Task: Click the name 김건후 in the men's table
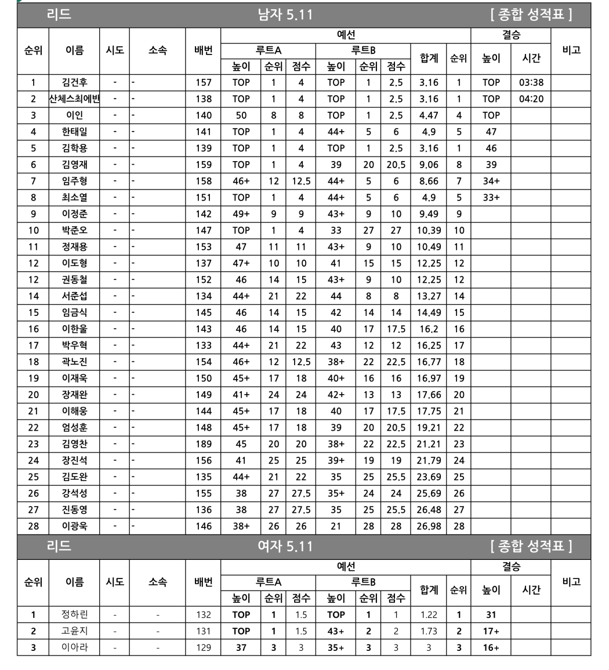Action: (74, 82)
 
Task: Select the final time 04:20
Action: (531, 99)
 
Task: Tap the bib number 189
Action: (204, 444)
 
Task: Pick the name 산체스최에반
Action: (74, 99)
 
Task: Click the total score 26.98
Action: (429, 526)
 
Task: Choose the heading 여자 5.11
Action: (285, 546)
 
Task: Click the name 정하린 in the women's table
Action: (74, 614)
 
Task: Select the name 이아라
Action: (74, 647)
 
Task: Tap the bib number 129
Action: (204, 647)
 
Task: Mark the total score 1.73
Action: (429, 631)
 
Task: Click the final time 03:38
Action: (531, 82)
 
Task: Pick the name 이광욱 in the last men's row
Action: (74, 526)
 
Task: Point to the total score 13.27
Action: (429, 296)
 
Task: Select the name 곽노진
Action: (74, 362)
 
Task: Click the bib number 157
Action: (204, 82)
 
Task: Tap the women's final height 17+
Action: (491, 631)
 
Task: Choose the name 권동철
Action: (74, 279)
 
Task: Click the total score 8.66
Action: (429, 181)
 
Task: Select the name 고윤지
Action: (74, 631)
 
